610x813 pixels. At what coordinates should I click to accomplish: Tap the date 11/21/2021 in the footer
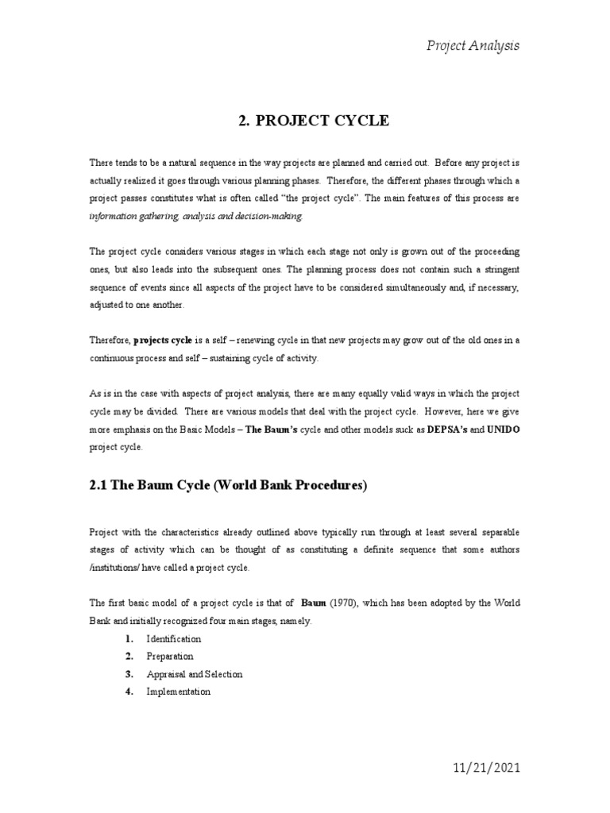tap(476, 769)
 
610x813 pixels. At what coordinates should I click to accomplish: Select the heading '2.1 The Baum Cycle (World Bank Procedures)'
tap(228, 486)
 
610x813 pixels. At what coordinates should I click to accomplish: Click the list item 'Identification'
tap(174, 638)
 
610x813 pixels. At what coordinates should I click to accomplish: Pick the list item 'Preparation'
tap(170, 656)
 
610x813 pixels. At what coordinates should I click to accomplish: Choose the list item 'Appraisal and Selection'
tap(195, 674)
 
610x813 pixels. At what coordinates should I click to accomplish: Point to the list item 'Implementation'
tap(179, 692)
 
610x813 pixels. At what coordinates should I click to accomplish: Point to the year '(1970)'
tap(347, 603)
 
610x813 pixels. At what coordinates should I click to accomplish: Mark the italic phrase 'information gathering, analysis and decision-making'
tap(196, 215)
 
